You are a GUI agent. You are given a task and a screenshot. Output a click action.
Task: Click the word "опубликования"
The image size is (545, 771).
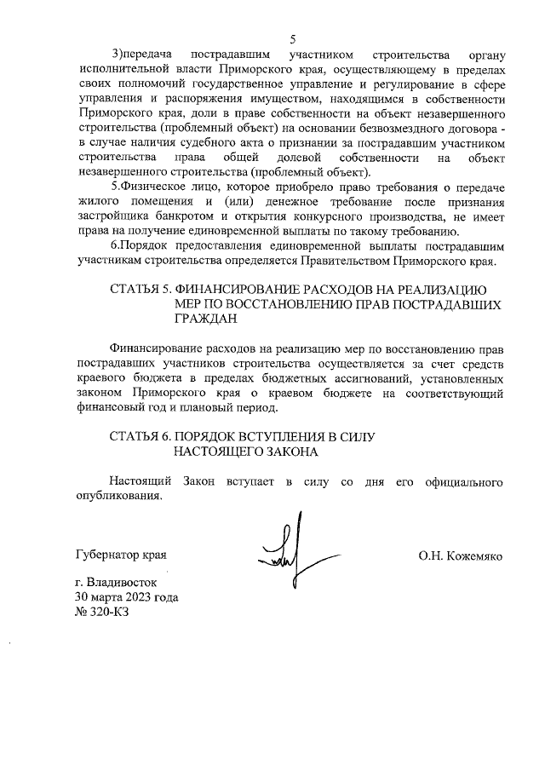[117, 497]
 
